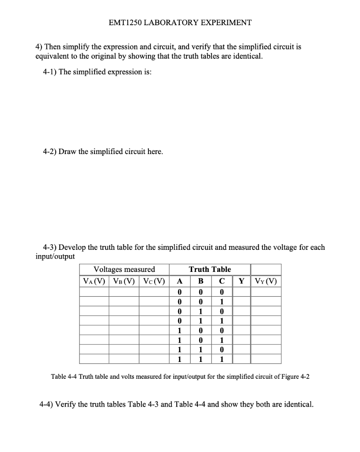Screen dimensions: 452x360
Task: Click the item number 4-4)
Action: point(49,404)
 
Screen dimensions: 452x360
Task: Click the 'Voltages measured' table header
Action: point(124,269)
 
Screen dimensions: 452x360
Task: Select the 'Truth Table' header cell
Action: point(210,269)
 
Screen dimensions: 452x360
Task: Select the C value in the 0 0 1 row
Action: point(222,302)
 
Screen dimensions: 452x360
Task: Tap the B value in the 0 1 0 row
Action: point(200,312)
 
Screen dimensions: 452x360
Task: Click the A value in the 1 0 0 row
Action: point(179,331)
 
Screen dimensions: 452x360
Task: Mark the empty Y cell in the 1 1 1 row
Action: point(241,359)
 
